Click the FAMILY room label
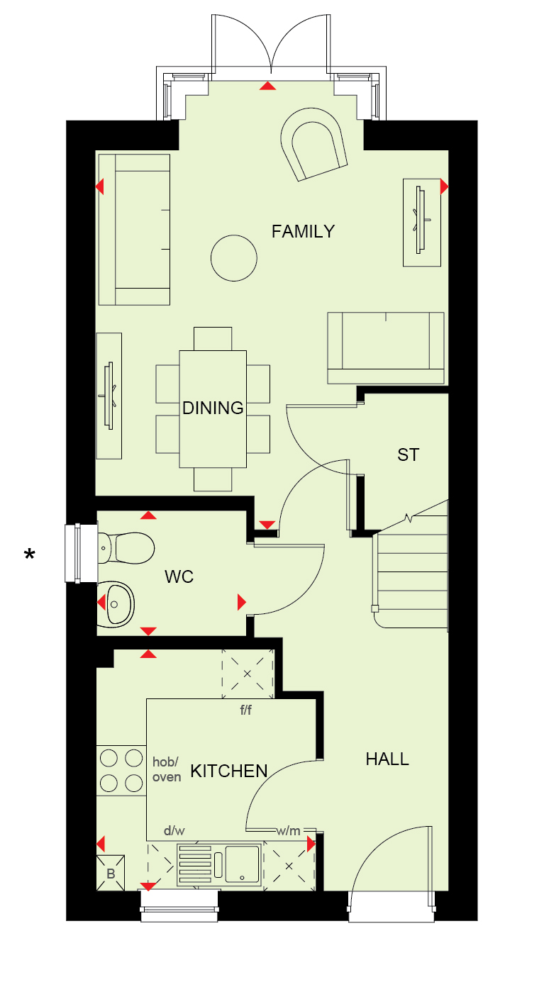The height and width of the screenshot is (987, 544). [303, 232]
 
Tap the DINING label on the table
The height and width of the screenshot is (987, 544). [213, 408]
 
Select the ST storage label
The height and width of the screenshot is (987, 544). [409, 455]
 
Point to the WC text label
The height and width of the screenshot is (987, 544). [179, 576]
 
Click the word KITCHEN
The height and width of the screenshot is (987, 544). [229, 771]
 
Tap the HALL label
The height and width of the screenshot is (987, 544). [387, 759]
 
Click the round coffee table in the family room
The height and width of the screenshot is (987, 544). [233, 258]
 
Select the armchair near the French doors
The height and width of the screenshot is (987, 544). [313, 144]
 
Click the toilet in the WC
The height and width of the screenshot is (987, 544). [126, 548]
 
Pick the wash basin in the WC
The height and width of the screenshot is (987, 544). [116, 604]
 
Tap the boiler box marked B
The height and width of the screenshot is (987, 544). [111, 873]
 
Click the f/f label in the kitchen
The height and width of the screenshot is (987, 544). [246, 710]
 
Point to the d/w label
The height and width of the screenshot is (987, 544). [174, 831]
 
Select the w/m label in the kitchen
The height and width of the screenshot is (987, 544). [288, 831]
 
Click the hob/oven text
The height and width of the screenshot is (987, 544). [167, 769]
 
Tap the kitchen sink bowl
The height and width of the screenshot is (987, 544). [242, 864]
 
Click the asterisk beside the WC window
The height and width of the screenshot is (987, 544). [30, 554]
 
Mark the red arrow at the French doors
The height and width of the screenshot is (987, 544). [267, 86]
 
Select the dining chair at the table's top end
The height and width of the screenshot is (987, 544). [213, 339]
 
